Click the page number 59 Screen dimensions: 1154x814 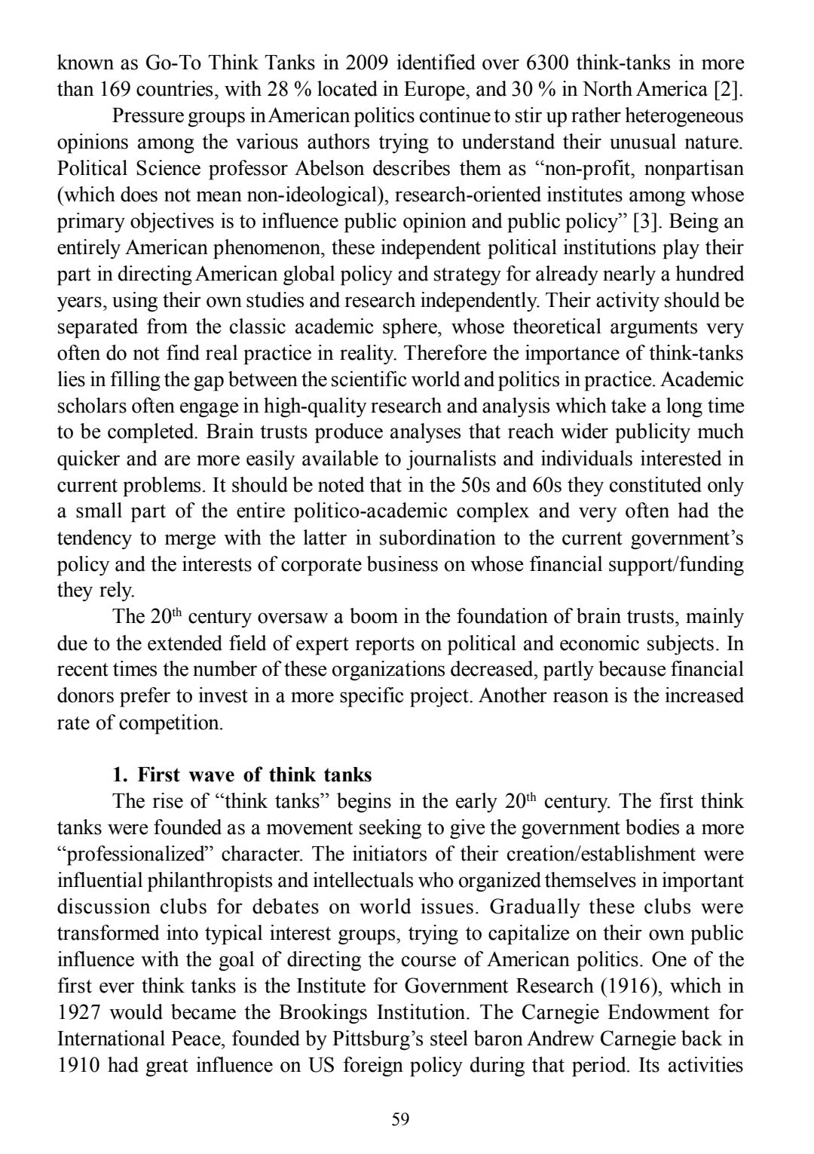coord(400,1119)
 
